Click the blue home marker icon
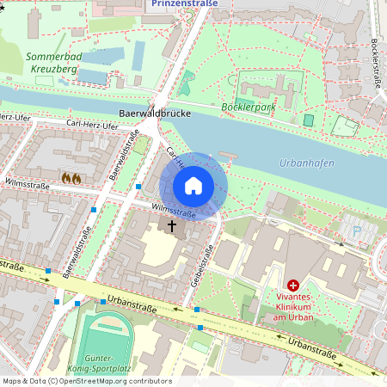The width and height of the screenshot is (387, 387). (193, 185)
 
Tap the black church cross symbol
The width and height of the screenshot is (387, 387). (171, 226)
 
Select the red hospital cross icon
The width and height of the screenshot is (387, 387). (293, 285)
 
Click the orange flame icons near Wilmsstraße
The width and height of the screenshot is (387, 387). (71, 178)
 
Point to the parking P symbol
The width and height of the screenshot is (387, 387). (357, 230)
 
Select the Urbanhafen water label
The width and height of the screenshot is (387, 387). (307, 163)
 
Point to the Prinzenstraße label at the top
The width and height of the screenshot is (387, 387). (184, 3)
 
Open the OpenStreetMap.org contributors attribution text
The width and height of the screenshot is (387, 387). (86, 381)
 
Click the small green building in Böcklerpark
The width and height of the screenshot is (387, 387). (308, 120)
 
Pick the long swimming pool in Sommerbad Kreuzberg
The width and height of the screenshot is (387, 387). (138, 55)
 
